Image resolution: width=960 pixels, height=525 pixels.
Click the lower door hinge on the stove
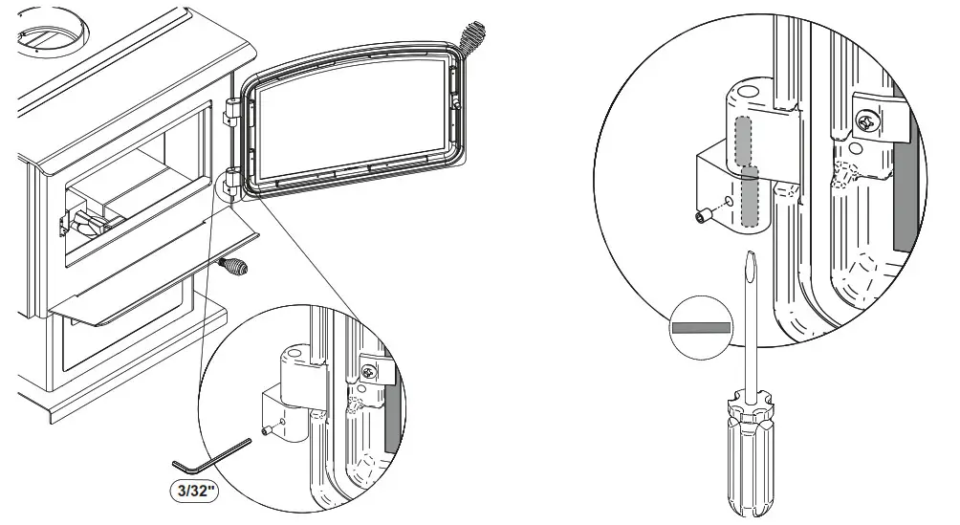click(232, 179)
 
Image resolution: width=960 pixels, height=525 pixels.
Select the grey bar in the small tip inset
click(701, 327)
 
